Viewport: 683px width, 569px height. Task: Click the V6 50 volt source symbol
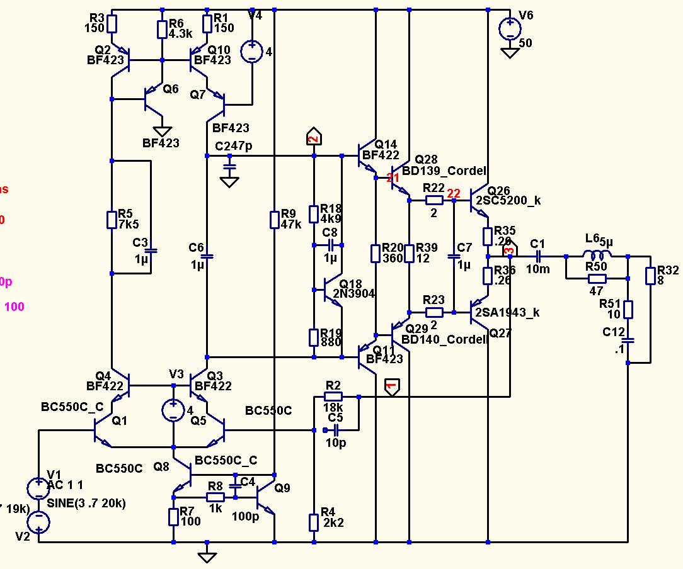509,28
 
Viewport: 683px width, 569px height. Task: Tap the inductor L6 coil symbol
597,256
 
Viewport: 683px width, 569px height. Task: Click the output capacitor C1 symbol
537,256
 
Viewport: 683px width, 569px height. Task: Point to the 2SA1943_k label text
508,312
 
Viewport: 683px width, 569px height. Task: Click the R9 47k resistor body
275,220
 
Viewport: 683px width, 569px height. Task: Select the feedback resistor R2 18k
333,397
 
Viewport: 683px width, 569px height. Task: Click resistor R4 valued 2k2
314,522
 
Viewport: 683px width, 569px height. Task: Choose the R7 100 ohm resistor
173,517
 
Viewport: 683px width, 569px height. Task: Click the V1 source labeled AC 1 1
39,488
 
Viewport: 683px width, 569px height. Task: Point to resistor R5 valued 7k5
112,220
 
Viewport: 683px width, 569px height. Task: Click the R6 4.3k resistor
162,29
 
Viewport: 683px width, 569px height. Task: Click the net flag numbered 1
391,386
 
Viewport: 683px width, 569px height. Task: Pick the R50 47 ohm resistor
597,279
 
